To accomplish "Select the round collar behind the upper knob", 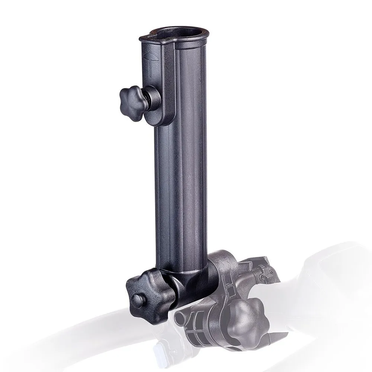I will click(x=152, y=101).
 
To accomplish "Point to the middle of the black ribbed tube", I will click(x=179, y=167).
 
